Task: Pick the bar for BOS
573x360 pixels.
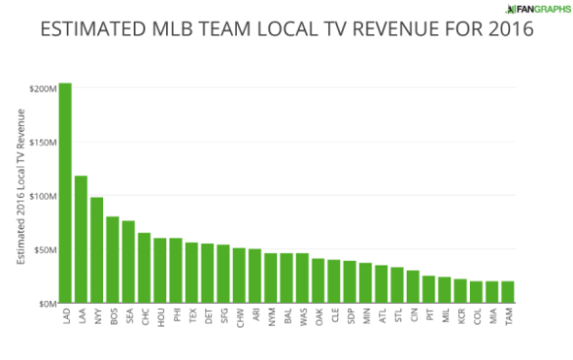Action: (x=112, y=260)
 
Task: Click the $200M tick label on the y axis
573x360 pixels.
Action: (x=42, y=89)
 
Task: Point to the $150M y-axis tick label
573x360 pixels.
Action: (x=42, y=142)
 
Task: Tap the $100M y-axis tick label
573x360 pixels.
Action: (x=42, y=196)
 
